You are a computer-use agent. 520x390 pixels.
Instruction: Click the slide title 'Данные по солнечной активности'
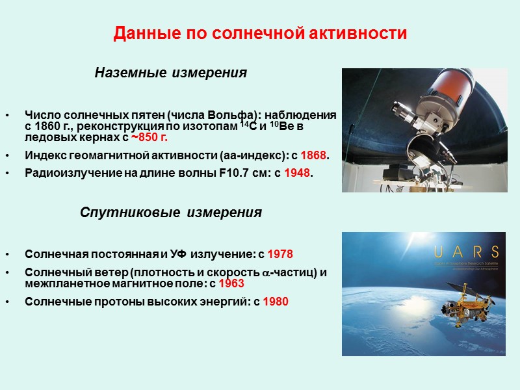260,33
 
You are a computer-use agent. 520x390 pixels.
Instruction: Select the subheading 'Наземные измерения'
170,73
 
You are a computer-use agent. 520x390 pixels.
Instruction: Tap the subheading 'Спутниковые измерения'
170,213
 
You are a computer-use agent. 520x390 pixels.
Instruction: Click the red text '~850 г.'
153,138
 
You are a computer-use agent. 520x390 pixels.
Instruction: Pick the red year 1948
298,173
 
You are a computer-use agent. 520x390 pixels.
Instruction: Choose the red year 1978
280,253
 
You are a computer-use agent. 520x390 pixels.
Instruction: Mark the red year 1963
231,283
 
